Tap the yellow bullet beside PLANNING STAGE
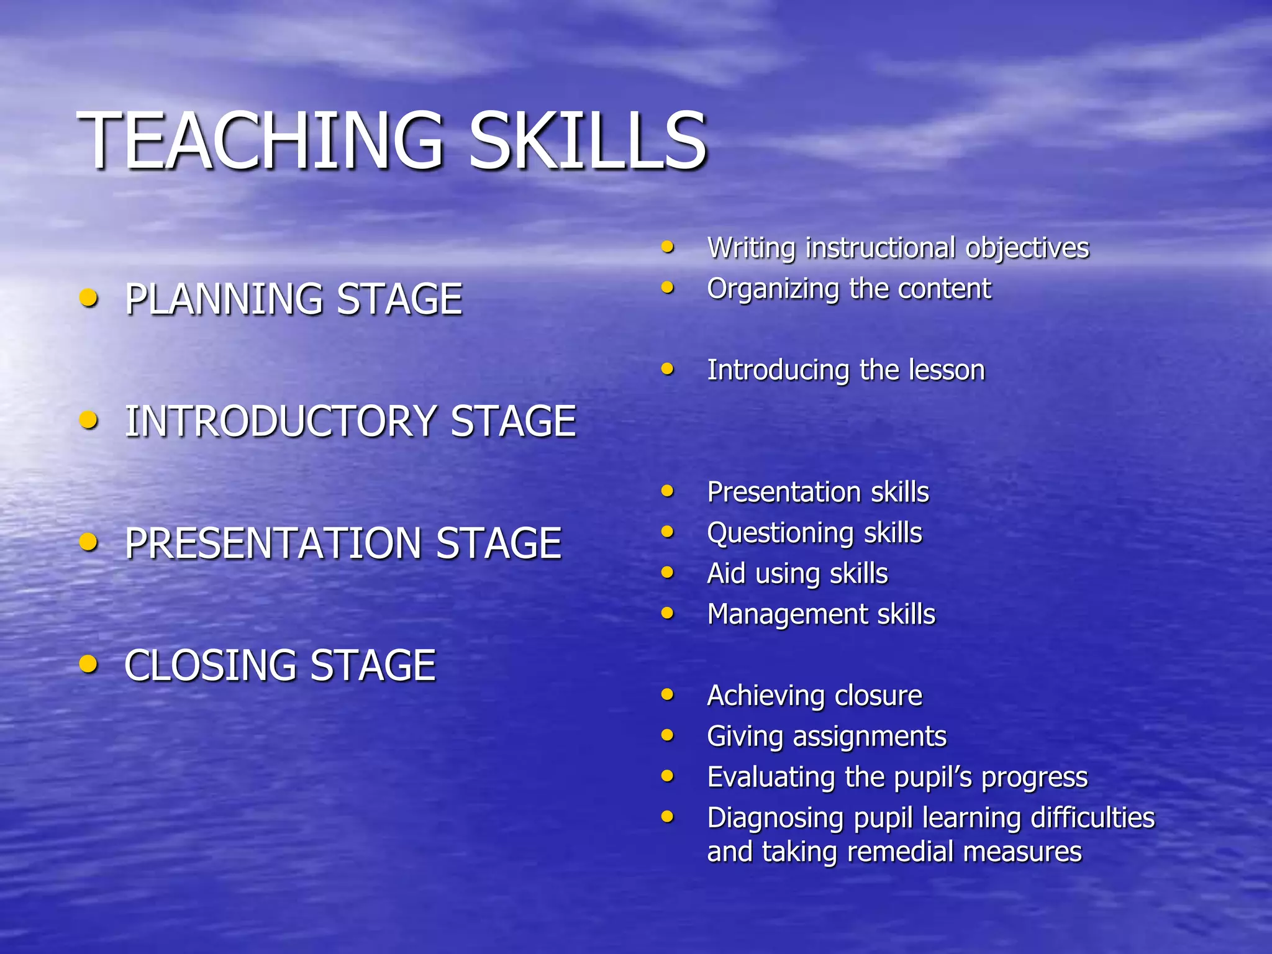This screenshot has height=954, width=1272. click(x=89, y=298)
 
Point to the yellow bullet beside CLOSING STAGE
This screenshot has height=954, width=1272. click(x=89, y=664)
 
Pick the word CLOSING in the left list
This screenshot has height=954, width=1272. click(x=211, y=665)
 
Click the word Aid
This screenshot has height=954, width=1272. click(x=726, y=573)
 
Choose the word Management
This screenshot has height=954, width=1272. click(x=786, y=615)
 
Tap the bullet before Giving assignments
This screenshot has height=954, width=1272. click(x=668, y=735)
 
